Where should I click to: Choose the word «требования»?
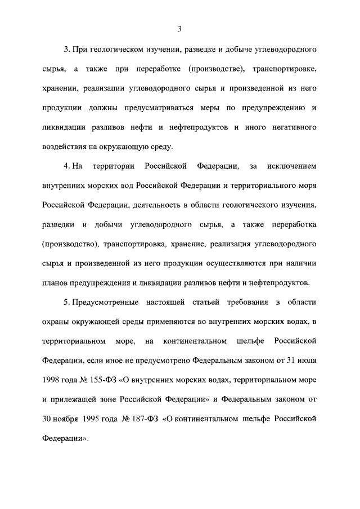pos(235,304)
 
